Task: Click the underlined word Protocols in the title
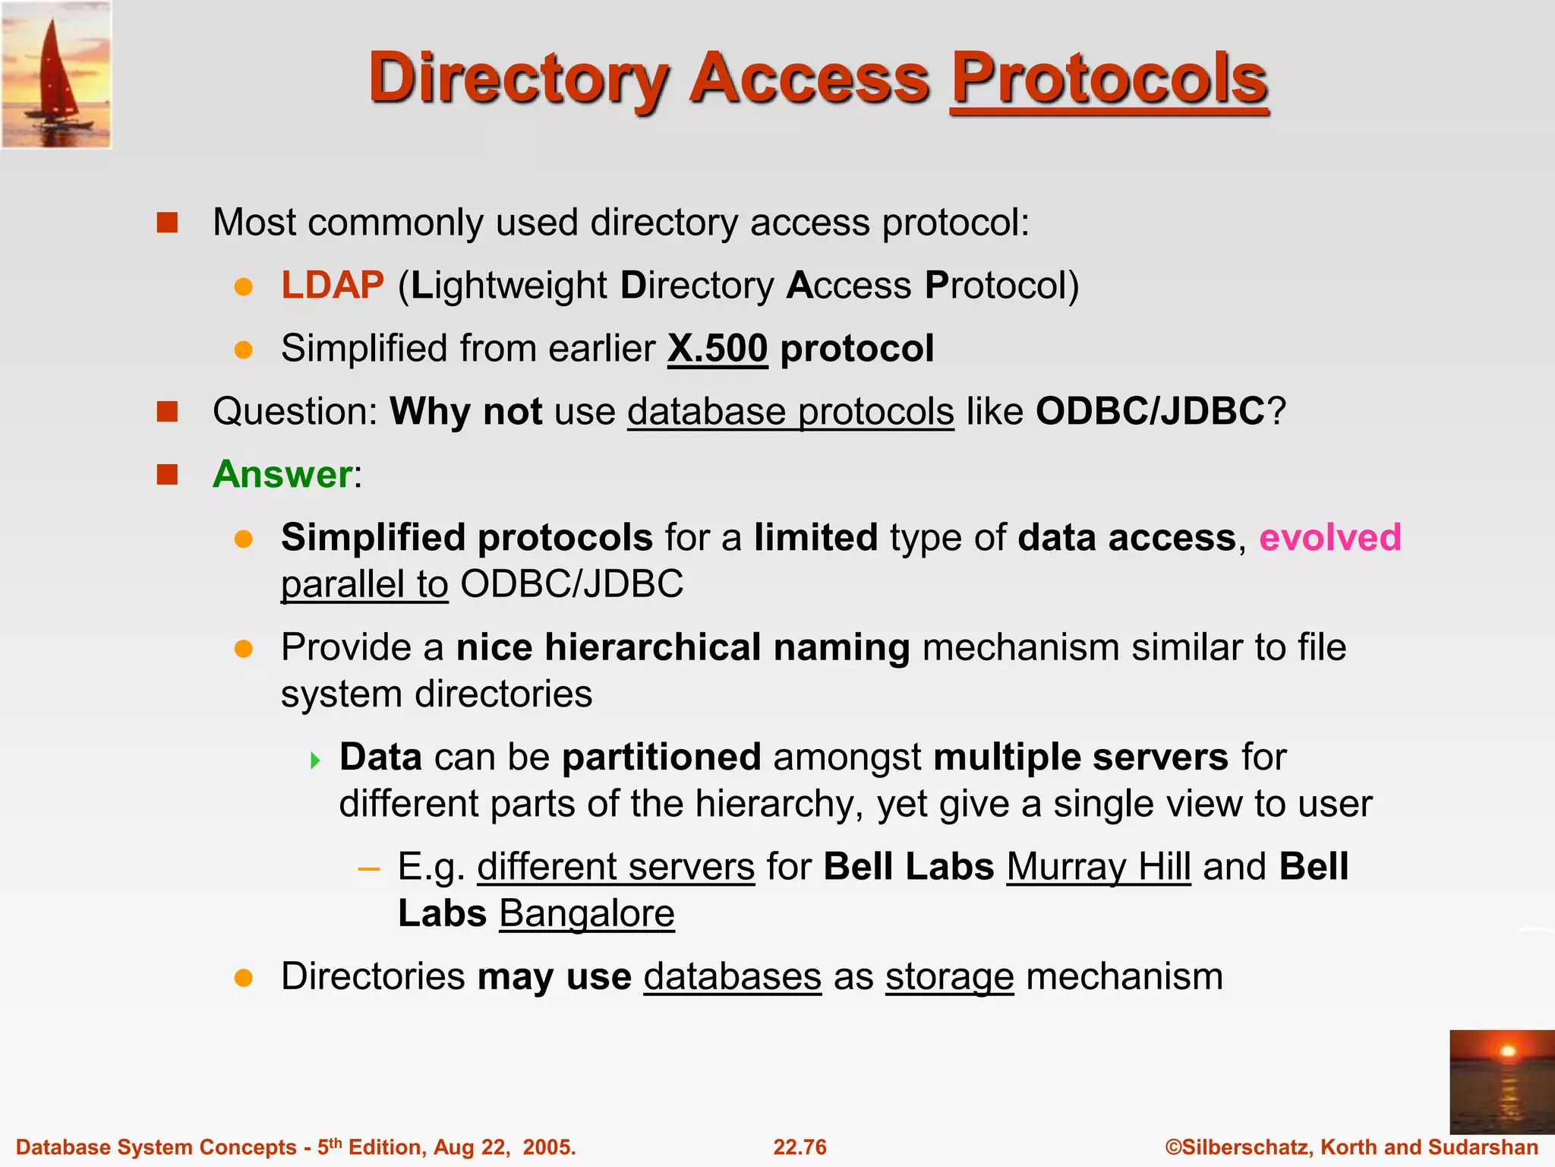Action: coord(1109,78)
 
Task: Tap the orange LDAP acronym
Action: coord(333,286)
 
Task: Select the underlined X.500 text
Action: coord(718,349)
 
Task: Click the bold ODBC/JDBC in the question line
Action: coord(1150,412)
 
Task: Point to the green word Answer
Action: coord(282,475)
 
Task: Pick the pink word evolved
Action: coord(1329,538)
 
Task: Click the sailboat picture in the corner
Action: coord(56,74)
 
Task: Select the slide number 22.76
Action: coord(800,1147)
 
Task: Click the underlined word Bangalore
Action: coord(586,914)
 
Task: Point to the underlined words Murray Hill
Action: coord(1098,867)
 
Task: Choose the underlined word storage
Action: coord(949,977)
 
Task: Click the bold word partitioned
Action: coord(661,757)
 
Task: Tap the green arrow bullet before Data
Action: coord(316,760)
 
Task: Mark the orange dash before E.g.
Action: coord(369,868)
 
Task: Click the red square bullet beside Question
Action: coord(167,412)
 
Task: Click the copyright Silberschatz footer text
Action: coord(1352,1147)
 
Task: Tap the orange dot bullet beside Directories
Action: coord(243,978)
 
